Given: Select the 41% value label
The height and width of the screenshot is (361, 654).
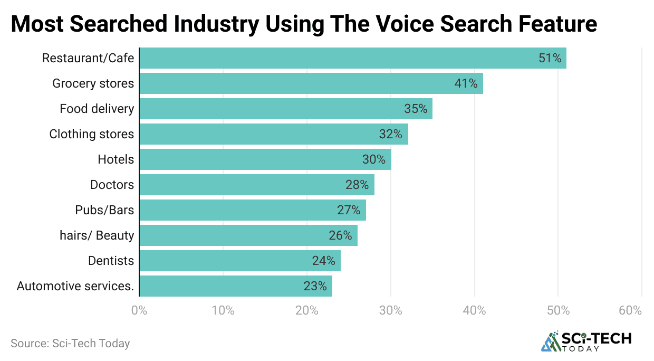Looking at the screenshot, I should pos(466,83).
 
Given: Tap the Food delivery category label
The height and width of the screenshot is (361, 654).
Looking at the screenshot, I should pos(97,109).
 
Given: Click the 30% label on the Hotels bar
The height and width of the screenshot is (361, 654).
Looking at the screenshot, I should pos(373,159).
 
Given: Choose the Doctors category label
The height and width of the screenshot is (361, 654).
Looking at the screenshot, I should pos(112,185).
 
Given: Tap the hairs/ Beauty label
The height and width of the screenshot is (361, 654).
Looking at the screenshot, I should pos(97,235).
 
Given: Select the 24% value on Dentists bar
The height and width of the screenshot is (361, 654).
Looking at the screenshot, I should pos(323,261).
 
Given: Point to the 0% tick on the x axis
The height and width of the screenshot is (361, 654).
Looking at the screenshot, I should pos(139,311).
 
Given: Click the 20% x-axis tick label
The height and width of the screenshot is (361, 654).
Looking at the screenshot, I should pos(306,311).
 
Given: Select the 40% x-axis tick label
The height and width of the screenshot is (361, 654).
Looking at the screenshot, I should pos(474,311).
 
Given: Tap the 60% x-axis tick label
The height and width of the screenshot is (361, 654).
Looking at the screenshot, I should pos(631,311).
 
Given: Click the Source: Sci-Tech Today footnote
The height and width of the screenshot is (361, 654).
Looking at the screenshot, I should pos(70,344).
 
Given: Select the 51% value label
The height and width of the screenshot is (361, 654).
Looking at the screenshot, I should pos(550,58).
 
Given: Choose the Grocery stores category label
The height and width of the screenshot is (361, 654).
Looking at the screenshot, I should pos(93,83).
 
